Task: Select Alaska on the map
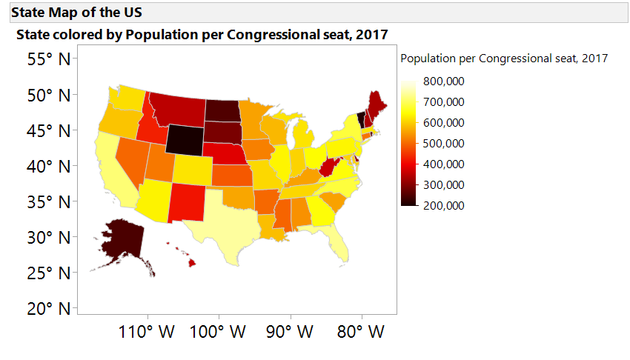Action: pos(121,239)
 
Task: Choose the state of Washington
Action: pos(128,97)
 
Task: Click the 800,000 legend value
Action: pos(444,81)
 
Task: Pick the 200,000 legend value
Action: pos(444,205)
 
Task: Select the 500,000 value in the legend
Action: pos(444,143)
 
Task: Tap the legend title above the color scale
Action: pos(504,58)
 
